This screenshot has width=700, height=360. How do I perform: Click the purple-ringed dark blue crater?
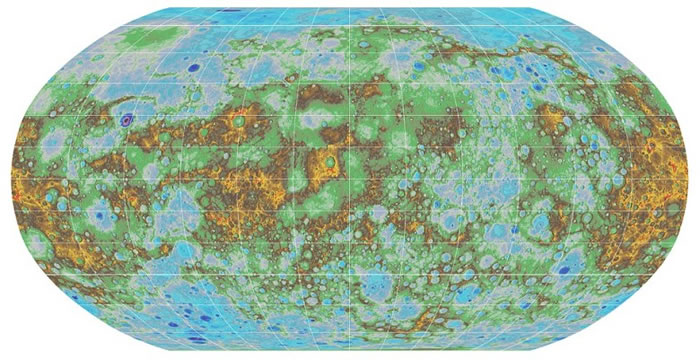[126, 119]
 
